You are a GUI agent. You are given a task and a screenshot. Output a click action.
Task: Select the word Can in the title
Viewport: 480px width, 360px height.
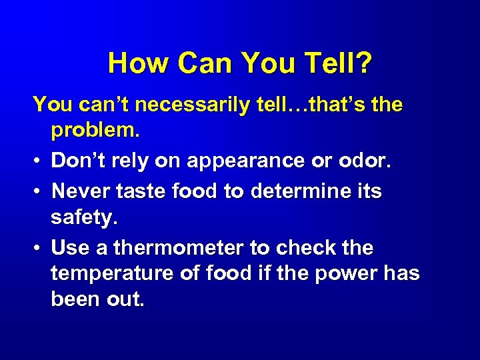pyautogui.click(x=199, y=64)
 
